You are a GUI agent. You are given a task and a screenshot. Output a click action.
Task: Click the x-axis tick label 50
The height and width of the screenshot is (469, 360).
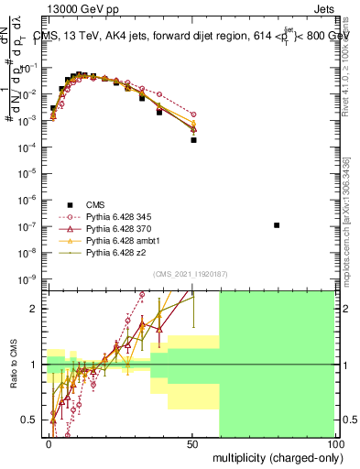(193, 442)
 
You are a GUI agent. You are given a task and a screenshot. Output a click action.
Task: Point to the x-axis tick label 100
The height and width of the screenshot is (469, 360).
(335, 442)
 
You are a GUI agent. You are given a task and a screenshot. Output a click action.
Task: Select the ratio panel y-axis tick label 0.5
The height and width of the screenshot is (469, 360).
(34, 420)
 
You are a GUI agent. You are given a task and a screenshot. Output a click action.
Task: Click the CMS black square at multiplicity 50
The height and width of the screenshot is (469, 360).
(193, 140)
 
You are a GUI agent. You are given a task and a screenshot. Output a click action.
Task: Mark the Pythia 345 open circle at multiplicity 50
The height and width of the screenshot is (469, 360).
(193, 115)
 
